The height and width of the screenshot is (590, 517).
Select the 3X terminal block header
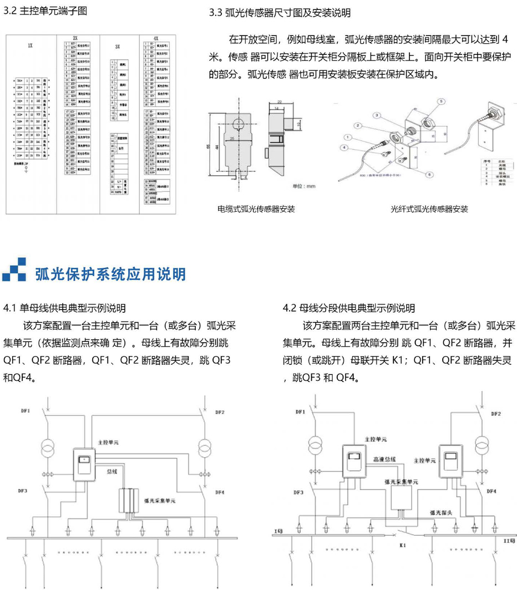117,48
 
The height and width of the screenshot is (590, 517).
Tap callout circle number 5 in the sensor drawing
440,102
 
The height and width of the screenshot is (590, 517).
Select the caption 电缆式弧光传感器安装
256,209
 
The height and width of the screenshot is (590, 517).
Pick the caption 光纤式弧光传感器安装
429,209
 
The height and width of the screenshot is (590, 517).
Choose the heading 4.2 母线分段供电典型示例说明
348,308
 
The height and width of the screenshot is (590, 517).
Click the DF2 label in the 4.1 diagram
220,412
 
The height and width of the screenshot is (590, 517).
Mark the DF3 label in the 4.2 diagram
298,492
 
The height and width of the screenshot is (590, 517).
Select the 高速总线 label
384,459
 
